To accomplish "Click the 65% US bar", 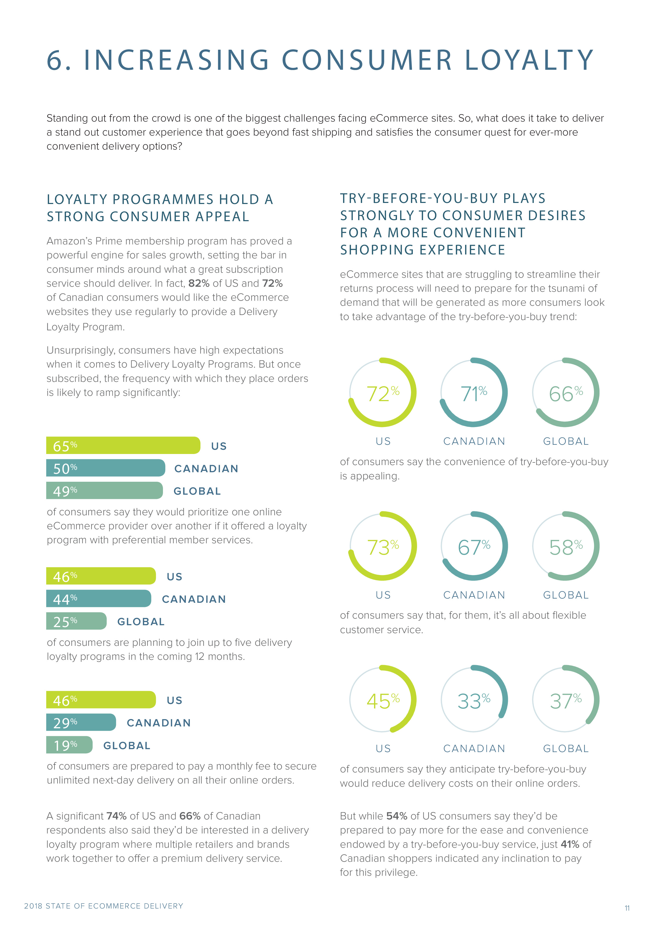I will pyautogui.click(x=123, y=445).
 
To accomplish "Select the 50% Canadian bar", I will pyautogui.click(x=105, y=468).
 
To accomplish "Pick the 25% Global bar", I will pyautogui.click(x=76, y=621).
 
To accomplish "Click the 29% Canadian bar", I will pyautogui.click(x=81, y=722).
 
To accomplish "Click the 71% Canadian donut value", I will pyautogui.click(x=473, y=394).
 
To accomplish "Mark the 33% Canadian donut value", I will pyautogui.click(x=473, y=701).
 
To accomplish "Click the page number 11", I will pyautogui.click(x=627, y=908).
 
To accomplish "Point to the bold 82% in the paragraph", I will pyautogui.click(x=199, y=284).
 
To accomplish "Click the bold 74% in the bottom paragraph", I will pyautogui.click(x=117, y=816).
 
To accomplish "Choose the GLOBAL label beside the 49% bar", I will pyautogui.click(x=197, y=491).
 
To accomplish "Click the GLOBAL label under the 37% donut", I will pyautogui.click(x=565, y=749).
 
